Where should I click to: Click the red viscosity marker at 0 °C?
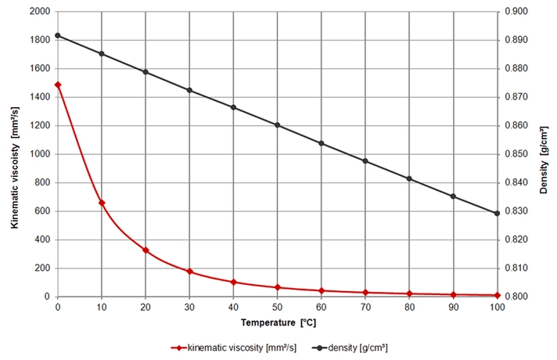point(58,85)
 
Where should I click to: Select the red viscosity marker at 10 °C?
point(102,203)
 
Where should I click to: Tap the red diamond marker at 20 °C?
point(146,250)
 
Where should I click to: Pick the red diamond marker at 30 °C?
point(189,272)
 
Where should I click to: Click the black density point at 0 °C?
point(58,35)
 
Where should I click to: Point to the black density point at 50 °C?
point(278,125)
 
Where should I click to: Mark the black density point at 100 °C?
point(497,213)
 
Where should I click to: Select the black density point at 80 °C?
point(409,178)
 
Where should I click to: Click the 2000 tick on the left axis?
point(40,12)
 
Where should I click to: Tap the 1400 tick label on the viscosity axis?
point(40,97)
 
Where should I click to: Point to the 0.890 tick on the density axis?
point(516,40)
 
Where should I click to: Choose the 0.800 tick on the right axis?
point(516,297)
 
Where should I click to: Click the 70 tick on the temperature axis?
point(365,307)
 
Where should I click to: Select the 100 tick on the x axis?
point(497,307)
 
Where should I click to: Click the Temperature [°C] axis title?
point(278,322)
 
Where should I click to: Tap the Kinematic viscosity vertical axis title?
point(15,167)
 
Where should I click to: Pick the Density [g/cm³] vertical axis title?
point(544,160)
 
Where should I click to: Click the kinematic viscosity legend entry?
point(233,347)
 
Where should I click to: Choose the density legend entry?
point(350,347)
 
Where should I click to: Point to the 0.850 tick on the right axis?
point(516,154)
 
